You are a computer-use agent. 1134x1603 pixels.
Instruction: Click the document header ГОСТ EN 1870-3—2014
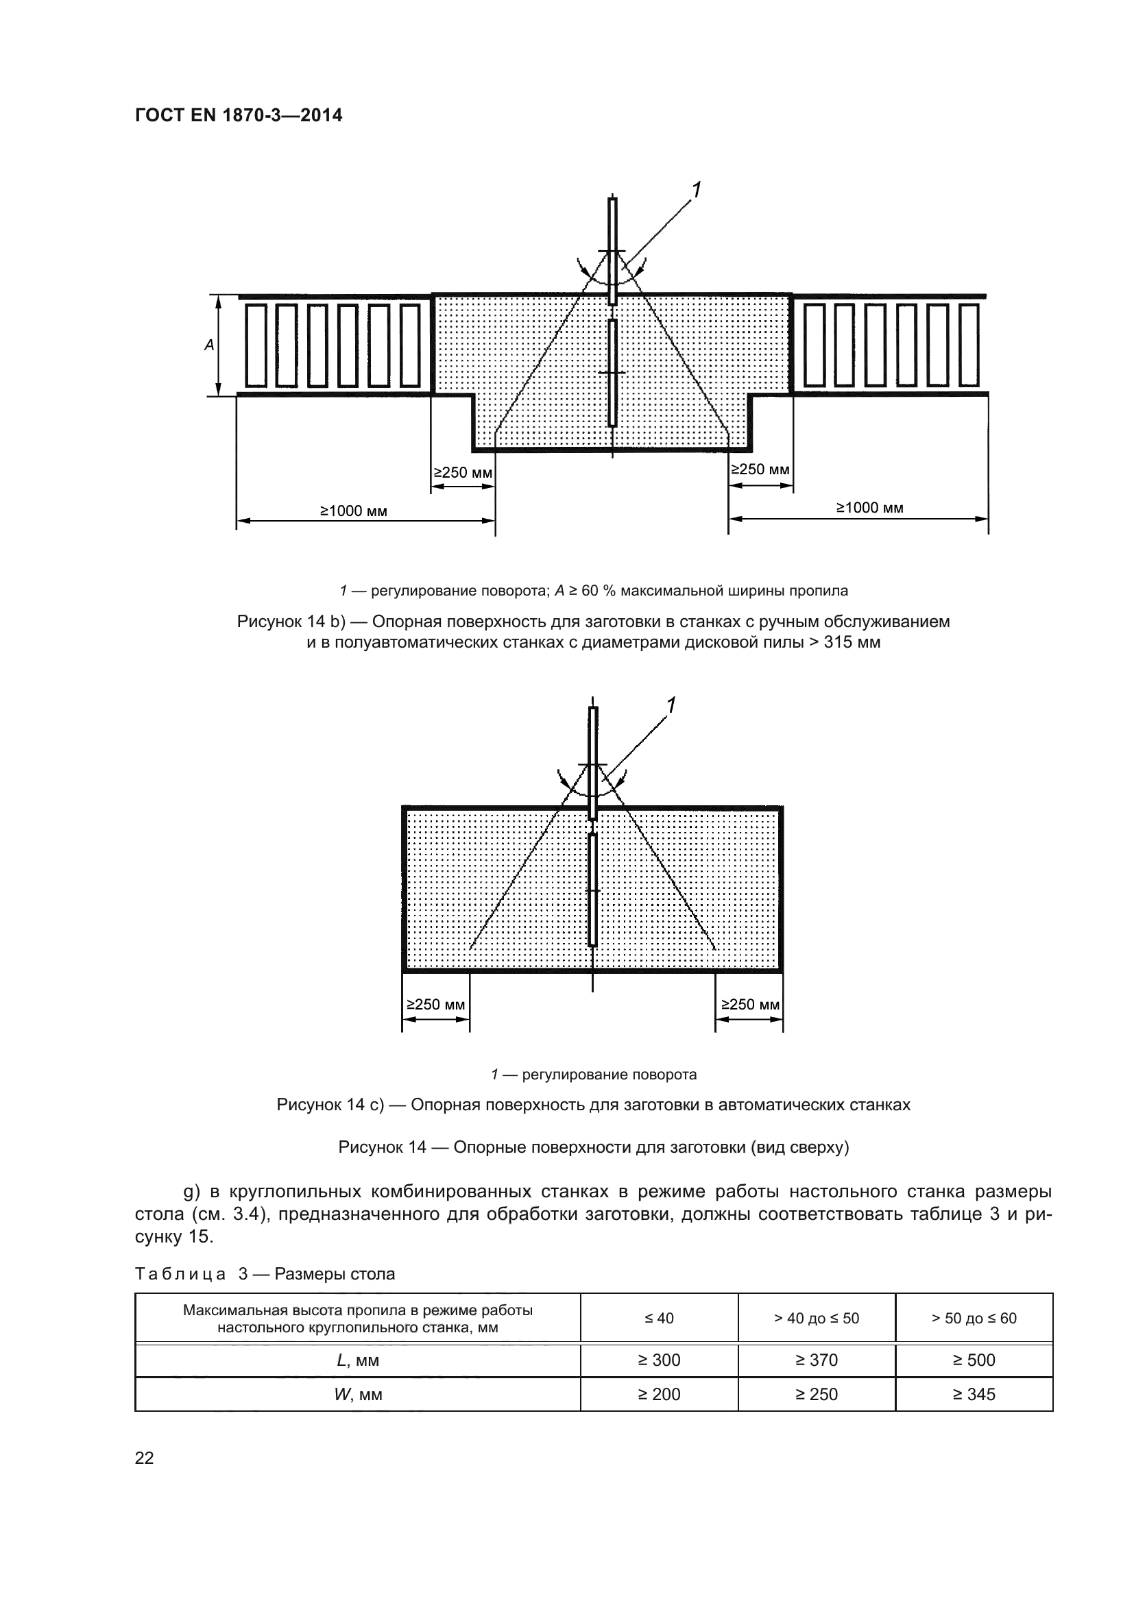point(238,115)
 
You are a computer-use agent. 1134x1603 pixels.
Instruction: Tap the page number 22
point(145,1458)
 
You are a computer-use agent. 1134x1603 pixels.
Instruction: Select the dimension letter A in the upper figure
point(209,345)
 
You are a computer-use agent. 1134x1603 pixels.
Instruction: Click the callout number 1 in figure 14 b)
point(695,189)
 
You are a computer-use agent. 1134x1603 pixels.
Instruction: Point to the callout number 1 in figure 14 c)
point(671,705)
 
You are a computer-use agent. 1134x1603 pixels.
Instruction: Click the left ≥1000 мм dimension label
point(353,511)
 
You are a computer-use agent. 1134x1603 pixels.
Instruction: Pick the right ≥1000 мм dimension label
point(869,508)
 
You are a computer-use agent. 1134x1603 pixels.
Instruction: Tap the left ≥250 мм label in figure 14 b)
point(463,473)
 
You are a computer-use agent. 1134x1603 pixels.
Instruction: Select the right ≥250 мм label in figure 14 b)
point(760,469)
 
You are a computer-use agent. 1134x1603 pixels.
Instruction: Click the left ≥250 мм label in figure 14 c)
point(436,1005)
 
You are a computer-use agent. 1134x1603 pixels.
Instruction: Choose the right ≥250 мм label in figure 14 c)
point(750,1005)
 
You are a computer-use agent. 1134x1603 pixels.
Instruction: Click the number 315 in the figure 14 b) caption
point(838,642)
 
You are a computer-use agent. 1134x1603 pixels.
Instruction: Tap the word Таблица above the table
point(180,1274)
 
